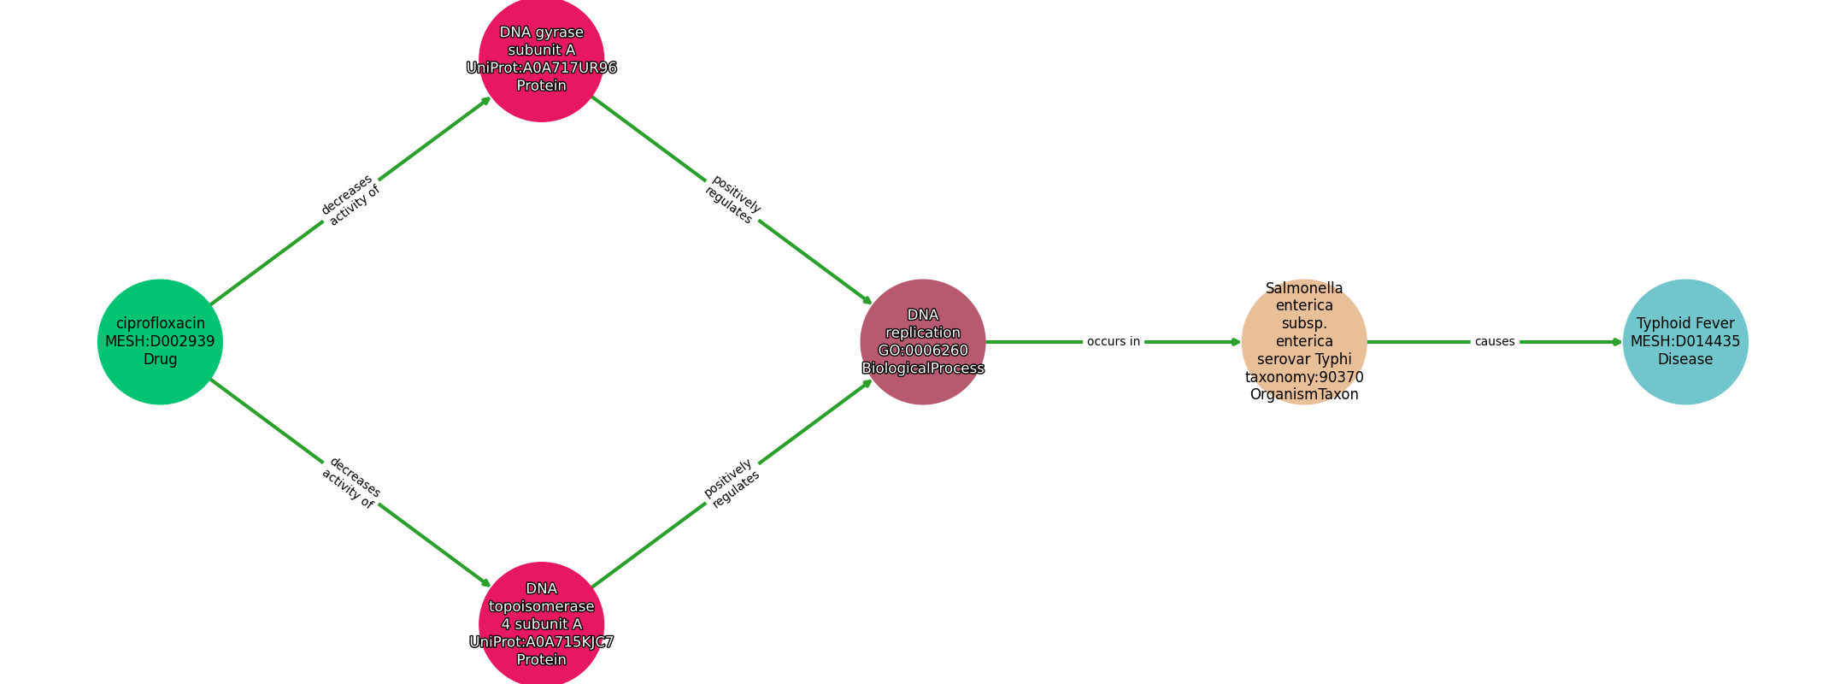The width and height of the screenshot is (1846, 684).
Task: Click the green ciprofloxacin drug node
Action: click(160, 342)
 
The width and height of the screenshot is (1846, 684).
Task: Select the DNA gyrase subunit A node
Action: click(542, 59)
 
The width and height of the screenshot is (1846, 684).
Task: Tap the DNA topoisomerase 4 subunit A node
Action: click(542, 624)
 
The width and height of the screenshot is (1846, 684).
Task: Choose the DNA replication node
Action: click(923, 342)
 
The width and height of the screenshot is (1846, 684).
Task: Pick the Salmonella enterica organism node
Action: click(1304, 342)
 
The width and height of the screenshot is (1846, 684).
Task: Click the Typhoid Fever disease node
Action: click(1685, 342)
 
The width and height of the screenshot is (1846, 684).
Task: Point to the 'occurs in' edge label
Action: click(1114, 342)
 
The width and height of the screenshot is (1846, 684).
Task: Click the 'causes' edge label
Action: click(1495, 342)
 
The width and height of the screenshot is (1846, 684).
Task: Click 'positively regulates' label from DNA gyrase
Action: click(732, 200)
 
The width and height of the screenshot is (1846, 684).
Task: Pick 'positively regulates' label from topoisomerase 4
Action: click(732, 483)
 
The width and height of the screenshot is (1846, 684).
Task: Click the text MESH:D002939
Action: click(160, 342)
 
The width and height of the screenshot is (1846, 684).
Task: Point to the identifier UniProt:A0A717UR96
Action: click(542, 68)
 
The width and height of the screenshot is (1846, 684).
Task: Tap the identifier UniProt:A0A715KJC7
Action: click(542, 642)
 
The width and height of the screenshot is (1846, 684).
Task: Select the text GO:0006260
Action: click(923, 351)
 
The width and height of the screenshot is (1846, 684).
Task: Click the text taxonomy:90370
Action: click(1304, 377)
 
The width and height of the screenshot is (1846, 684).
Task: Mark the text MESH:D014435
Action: click(1685, 342)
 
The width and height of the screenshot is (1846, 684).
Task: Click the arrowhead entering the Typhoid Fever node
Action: click(1617, 342)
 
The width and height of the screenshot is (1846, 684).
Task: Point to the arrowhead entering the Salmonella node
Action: click(1236, 342)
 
